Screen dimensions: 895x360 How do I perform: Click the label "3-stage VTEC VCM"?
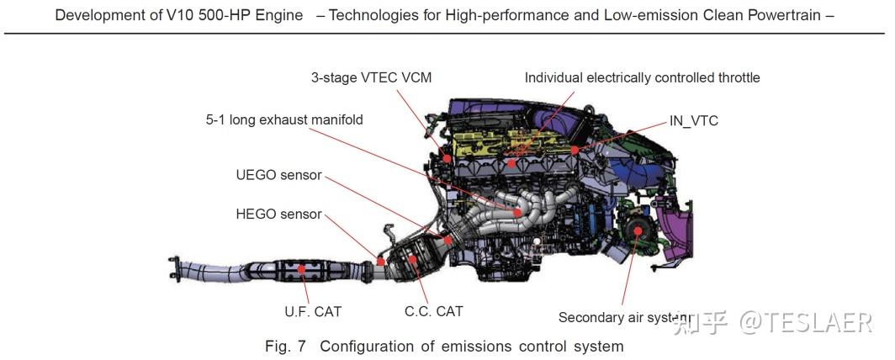pyautogui.click(x=371, y=77)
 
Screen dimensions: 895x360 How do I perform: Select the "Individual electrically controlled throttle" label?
pyautogui.click(x=642, y=77)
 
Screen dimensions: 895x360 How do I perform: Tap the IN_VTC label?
pyautogui.click(x=693, y=121)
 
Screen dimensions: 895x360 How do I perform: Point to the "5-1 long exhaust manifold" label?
pyautogui.click(x=284, y=120)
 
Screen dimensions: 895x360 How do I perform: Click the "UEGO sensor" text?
pyautogui.click(x=279, y=175)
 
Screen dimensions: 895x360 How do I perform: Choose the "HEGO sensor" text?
pyautogui.click(x=279, y=214)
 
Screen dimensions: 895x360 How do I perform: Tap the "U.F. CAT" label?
pyautogui.click(x=313, y=312)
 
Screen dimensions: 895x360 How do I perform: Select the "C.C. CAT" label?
pyautogui.click(x=434, y=311)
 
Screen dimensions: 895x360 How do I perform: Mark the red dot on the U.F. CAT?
pyautogui.click(x=301, y=268)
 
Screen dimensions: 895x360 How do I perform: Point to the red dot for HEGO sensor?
pyautogui.click(x=381, y=262)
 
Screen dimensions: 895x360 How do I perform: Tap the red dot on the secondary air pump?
pyautogui.click(x=637, y=230)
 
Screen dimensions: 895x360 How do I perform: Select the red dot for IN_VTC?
pyautogui.click(x=575, y=150)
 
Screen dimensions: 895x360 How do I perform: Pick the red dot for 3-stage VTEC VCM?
pyautogui.click(x=447, y=158)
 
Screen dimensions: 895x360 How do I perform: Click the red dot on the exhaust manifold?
pyautogui.click(x=517, y=212)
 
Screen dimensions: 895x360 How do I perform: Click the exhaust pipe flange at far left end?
pyautogui.click(x=173, y=269)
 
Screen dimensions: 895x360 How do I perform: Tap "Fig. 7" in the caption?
pyautogui.click(x=285, y=347)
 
